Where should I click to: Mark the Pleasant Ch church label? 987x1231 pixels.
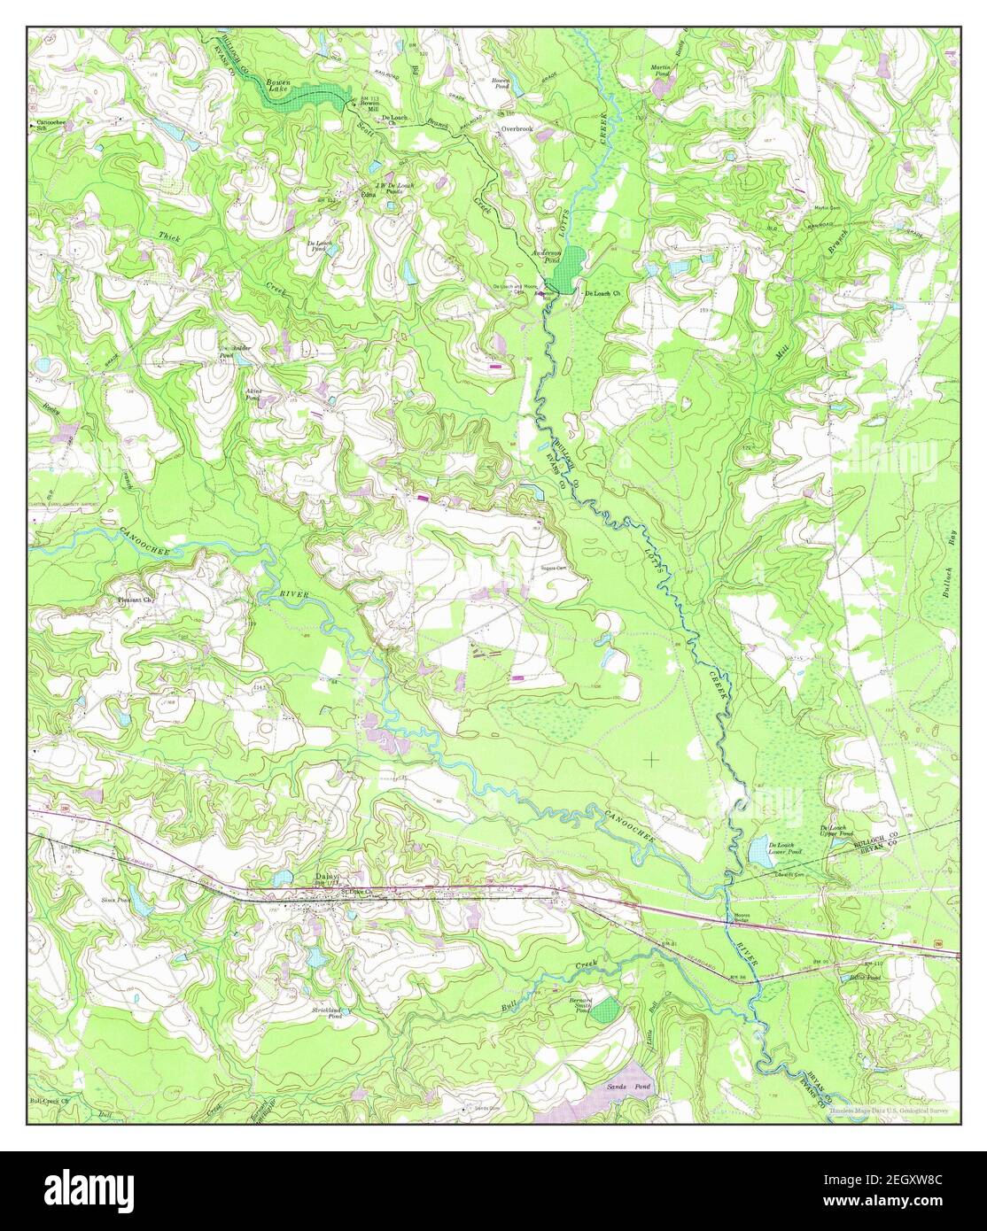(x=136, y=600)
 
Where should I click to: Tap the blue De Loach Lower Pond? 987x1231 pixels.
(x=758, y=854)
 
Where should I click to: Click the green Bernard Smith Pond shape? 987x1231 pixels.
(x=606, y=1010)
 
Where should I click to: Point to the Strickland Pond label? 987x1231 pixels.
(x=327, y=1013)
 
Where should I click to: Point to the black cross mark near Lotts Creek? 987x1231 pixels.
(x=653, y=759)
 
